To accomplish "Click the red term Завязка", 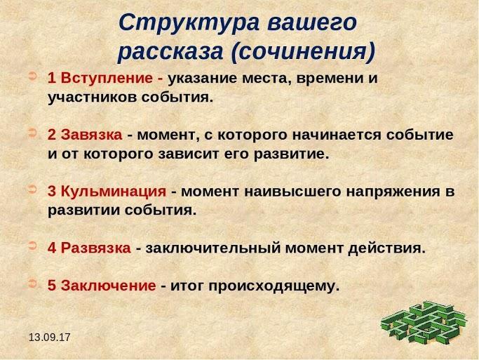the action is click(x=91, y=135).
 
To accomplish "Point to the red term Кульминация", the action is click(x=114, y=192).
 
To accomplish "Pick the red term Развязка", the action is click(x=95, y=248).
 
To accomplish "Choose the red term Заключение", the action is click(x=108, y=286).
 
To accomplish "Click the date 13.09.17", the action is click(x=50, y=338).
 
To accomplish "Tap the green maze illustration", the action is click(x=424, y=322).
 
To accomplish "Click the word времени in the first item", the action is click(x=330, y=79).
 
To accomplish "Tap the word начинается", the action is click(x=337, y=135).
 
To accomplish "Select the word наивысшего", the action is click(x=292, y=192).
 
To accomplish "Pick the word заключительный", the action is click(x=213, y=248).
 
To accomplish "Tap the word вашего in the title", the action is click(x=312, y=23).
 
